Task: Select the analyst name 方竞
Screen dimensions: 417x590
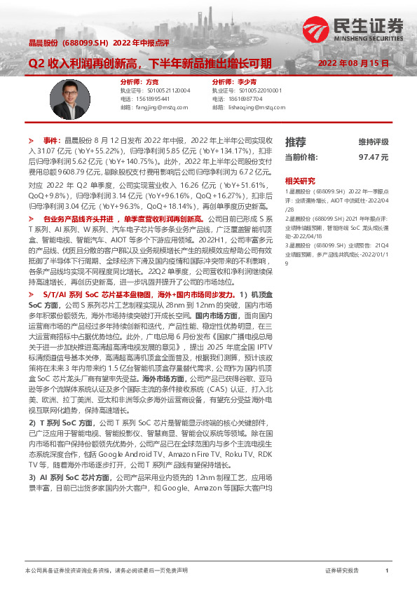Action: pos(143,82)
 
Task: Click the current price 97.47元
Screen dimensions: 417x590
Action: pos(374,158)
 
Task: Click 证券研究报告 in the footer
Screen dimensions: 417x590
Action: pos(342,571)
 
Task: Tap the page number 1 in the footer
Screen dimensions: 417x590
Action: pos(387,571)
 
